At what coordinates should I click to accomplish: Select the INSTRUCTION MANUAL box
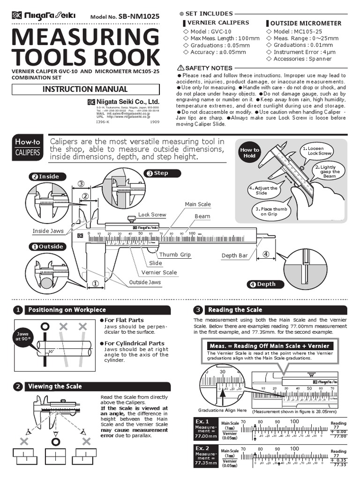click(x=85, y=89)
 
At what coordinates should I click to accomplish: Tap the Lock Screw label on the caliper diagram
click(x=152, y=215)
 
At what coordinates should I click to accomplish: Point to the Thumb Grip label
click(x=175, y=255)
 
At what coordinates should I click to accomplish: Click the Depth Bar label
click(x=234, y=255)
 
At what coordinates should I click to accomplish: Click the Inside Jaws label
click(x=48, y=231)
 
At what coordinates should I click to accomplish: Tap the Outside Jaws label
click(x=145, y=282)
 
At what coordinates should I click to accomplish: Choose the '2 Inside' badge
click(x=45, y=177)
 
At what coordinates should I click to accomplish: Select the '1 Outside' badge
click(x=47, y=247)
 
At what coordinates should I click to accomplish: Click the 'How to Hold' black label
click(x=249, y=153)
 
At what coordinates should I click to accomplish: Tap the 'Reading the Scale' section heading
click(x=234, y=310)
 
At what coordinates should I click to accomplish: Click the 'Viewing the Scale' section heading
click(x=55, y=387)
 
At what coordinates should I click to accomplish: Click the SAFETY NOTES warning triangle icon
click(x=181, y=68)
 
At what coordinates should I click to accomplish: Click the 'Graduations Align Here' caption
click(x=222, y=410)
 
